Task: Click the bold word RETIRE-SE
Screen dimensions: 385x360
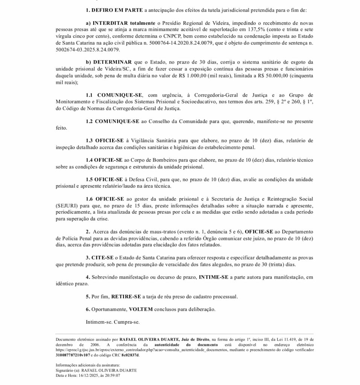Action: click(126, 297)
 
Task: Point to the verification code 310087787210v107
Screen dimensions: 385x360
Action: click(72, 355)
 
